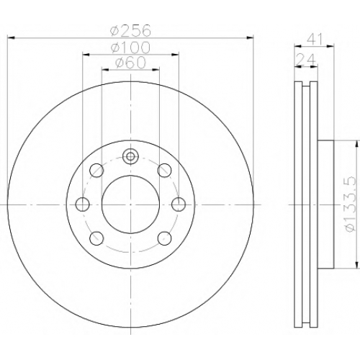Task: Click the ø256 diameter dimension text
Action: [x=130, y=30]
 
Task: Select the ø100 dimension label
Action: [x=130, y=48]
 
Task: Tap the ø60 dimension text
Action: [x=130, y=63]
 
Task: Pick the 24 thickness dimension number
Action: [x=305, y=59]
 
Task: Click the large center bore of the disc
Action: [x=130, y=204]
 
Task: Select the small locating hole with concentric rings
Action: [x=130, y=156]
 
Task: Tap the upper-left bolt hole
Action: [x=96, y=170]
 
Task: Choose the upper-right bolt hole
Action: [x=165, y=170]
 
